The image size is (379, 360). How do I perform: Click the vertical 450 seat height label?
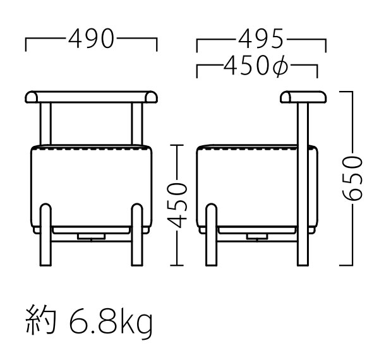179,205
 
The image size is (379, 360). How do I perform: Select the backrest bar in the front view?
92,97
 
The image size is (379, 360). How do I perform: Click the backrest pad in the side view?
303,97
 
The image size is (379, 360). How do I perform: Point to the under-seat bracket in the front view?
92,234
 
